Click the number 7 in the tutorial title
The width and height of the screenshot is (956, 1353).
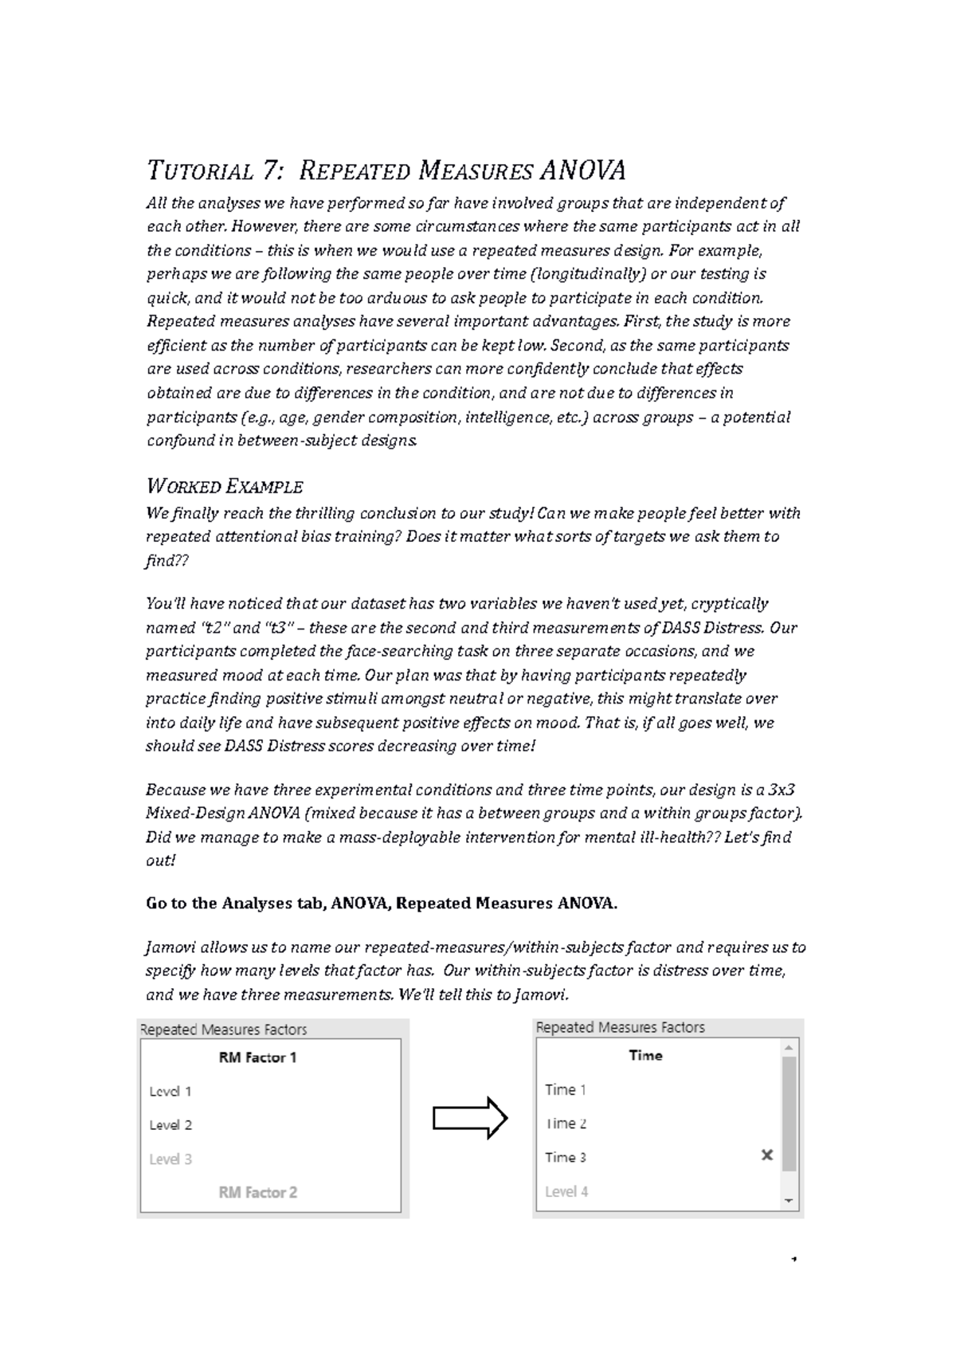point(268,171)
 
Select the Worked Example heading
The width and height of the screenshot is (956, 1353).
point(225,486)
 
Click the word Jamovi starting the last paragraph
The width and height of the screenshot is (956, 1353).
point(170,948)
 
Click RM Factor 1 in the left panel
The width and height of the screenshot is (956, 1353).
point(257,1058)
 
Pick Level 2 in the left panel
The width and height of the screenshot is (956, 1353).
point(170,1125)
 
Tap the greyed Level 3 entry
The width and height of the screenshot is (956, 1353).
point(170,1159)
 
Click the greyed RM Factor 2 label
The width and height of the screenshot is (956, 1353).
point(257,1193)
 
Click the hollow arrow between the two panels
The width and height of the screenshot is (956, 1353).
point(470,1120)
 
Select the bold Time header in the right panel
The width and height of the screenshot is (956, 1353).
point(645,1056)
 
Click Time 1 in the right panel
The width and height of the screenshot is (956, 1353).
point(566,1090)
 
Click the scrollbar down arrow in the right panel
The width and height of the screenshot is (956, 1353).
point(789,1200)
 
